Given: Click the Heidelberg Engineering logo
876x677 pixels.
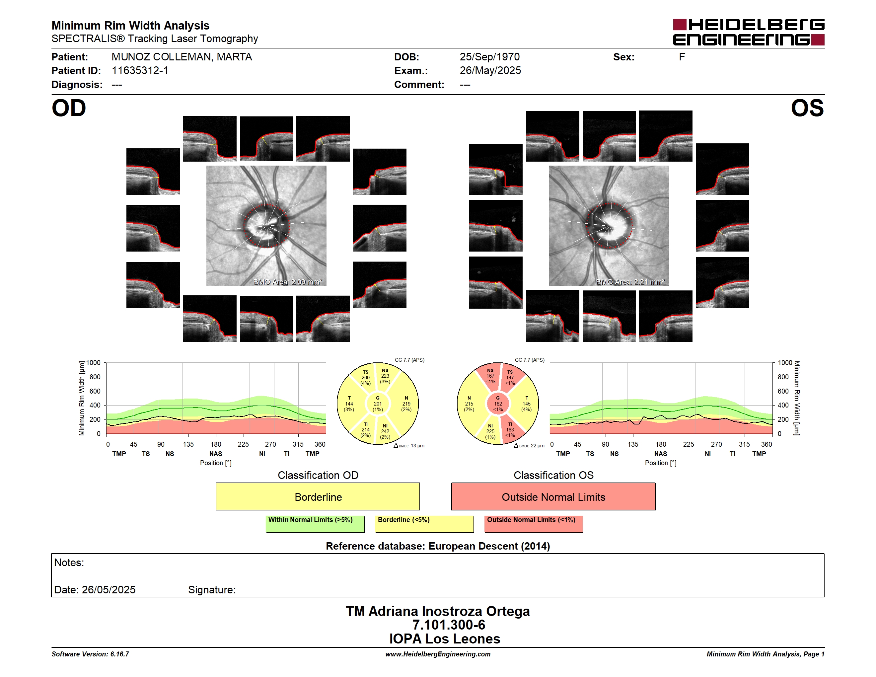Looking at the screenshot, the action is pos(749,32).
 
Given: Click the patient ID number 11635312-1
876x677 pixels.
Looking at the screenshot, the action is pos(140,71).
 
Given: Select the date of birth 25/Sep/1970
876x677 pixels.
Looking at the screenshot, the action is pos(489,57).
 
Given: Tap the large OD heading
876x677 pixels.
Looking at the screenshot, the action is pos(69,108).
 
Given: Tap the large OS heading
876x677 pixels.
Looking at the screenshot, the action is pos(807,108).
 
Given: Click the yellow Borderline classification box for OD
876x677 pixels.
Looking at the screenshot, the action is pos(318,496).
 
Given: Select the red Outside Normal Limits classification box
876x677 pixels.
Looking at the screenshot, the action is pos(553,496).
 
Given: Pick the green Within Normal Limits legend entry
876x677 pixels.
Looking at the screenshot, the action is pos(315,524).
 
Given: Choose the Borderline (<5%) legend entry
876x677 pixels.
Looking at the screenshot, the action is pos(424,524).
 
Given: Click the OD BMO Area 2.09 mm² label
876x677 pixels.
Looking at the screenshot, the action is pos(288,282).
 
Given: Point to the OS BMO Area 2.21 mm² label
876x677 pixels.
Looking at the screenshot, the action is pos(630,282).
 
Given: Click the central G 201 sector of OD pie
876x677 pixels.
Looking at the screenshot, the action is pos(377,404).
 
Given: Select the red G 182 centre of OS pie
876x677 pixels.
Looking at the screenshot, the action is pos(498,404).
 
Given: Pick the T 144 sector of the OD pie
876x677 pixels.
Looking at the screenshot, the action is pos(349,404).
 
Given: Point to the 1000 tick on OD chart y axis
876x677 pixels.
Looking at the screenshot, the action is pos(94,363).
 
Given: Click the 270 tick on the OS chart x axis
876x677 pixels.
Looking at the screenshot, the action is pos(716,444).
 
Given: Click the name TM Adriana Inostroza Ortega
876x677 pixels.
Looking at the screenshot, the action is pos(438,611).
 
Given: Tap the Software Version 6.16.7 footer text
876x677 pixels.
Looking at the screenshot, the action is pos(90,654).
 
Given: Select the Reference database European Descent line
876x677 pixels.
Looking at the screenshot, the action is pos(438,546).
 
